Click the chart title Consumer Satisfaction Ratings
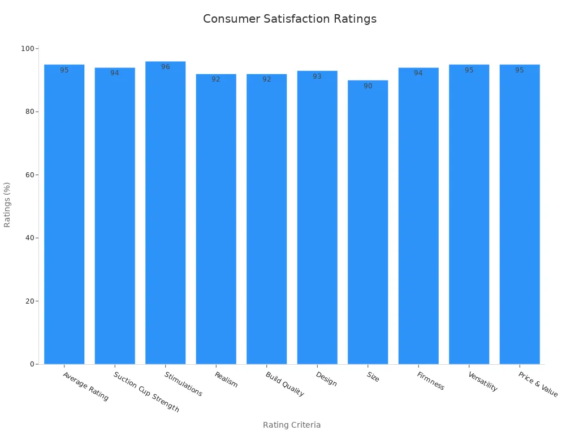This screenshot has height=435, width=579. click(289, 19)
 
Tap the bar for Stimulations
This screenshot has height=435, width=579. click(165, 215)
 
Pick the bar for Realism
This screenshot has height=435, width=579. click(216, 221)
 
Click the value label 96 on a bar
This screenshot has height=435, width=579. click(165, 67)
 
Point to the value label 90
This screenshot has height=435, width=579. click(368, 86)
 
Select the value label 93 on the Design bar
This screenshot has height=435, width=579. click(317, 76)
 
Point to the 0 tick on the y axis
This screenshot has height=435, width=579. click(33, 364)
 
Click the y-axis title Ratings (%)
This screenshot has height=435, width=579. click(7, 204)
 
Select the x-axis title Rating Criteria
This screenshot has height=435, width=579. click(292, 425)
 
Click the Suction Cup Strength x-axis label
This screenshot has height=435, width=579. click(146, 392)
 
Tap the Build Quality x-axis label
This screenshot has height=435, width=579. click(284, 384)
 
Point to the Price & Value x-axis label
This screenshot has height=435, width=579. click(538, 385)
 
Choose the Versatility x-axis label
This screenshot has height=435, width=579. click(482, 382)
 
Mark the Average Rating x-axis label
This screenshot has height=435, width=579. click(85, 386)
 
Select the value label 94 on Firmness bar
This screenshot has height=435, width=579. click(418, 73)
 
